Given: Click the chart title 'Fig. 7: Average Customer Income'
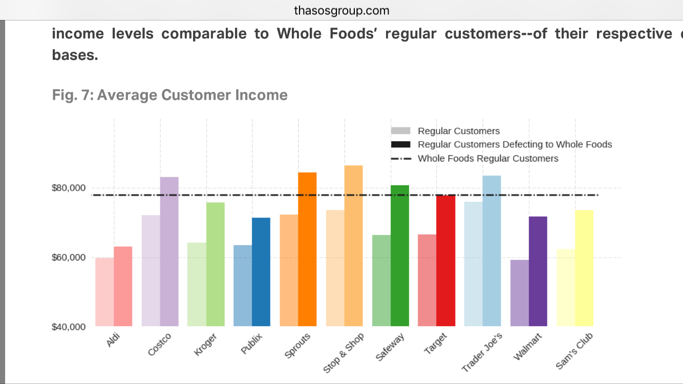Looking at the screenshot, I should click(169, 95).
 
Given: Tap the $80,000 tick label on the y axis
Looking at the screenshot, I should click(68, 188).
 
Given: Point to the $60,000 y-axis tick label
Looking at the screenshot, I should click(68, 257).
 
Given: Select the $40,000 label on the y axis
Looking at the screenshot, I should click(68, 327).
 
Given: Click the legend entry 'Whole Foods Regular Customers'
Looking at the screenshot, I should click(487, 158).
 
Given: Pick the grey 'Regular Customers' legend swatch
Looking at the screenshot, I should click(400, 131).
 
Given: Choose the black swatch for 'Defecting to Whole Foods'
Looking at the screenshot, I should click(400, 144).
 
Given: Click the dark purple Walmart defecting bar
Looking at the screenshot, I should click(538, 271).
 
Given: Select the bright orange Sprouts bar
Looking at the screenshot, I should click(307, 249).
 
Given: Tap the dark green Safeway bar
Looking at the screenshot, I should click(399, 255).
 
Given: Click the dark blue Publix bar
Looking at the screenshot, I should click(261, 272).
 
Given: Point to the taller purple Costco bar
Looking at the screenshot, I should click(169, 251).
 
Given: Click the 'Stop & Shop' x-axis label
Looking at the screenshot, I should click(344, 352).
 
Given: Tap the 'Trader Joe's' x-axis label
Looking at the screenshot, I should click(482, 352).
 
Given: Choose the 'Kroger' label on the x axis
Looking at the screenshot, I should click(206, 344).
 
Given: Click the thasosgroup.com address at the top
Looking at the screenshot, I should click(341, 10).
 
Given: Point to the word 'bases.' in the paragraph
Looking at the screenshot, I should click(75, 55).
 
